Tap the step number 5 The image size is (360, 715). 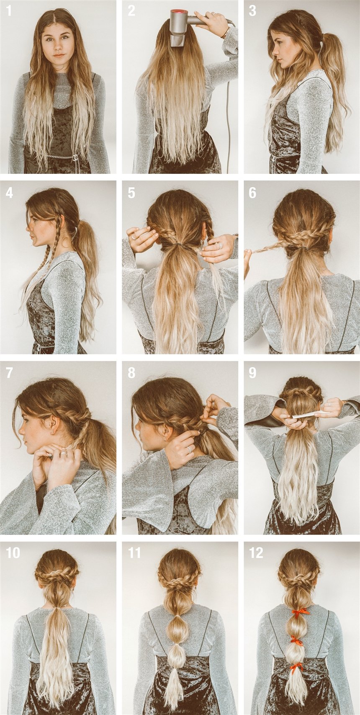tap(131, 193)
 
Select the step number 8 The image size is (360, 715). tap(131, 373)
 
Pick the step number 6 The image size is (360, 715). tap(252, 193)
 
